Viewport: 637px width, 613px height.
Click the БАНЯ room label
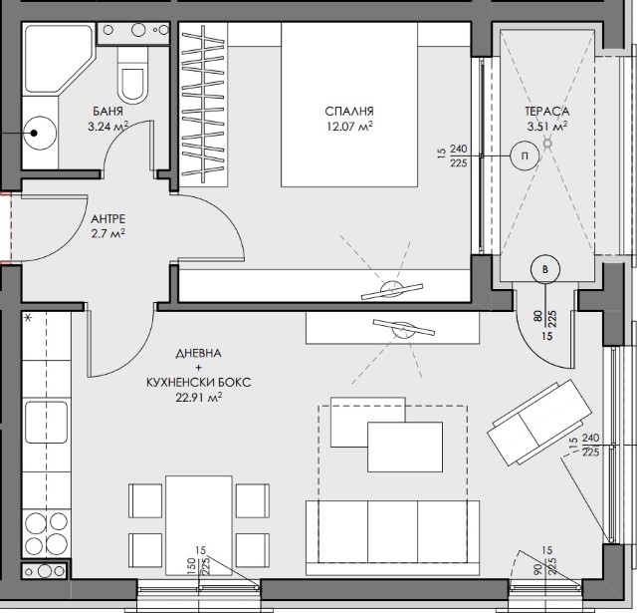point(107,111)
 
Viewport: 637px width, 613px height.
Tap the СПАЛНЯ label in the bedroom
point(349,111)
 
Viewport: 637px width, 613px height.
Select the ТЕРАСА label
point(546,111)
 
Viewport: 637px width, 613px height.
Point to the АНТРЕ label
point(108,219)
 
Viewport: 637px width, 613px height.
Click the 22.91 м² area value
point(199,397)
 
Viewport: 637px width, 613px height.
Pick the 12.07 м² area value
point(349,127)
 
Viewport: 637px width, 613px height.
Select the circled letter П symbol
point(525,155)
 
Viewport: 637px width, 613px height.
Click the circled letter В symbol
point(545,269)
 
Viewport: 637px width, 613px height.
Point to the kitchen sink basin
point(47,422)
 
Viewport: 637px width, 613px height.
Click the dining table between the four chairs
point(199,525)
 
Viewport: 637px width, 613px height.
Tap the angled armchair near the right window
point(539,423)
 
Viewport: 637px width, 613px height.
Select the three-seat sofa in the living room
point(392,538)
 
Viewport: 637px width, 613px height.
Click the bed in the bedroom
point(349,105)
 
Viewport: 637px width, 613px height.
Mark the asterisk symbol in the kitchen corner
point(28,318)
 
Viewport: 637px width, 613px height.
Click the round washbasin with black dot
point(40,133)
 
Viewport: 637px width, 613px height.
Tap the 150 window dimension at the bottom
point(191,565)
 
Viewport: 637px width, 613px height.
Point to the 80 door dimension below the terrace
point(537,317)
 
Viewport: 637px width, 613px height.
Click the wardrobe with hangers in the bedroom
point(203,105)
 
